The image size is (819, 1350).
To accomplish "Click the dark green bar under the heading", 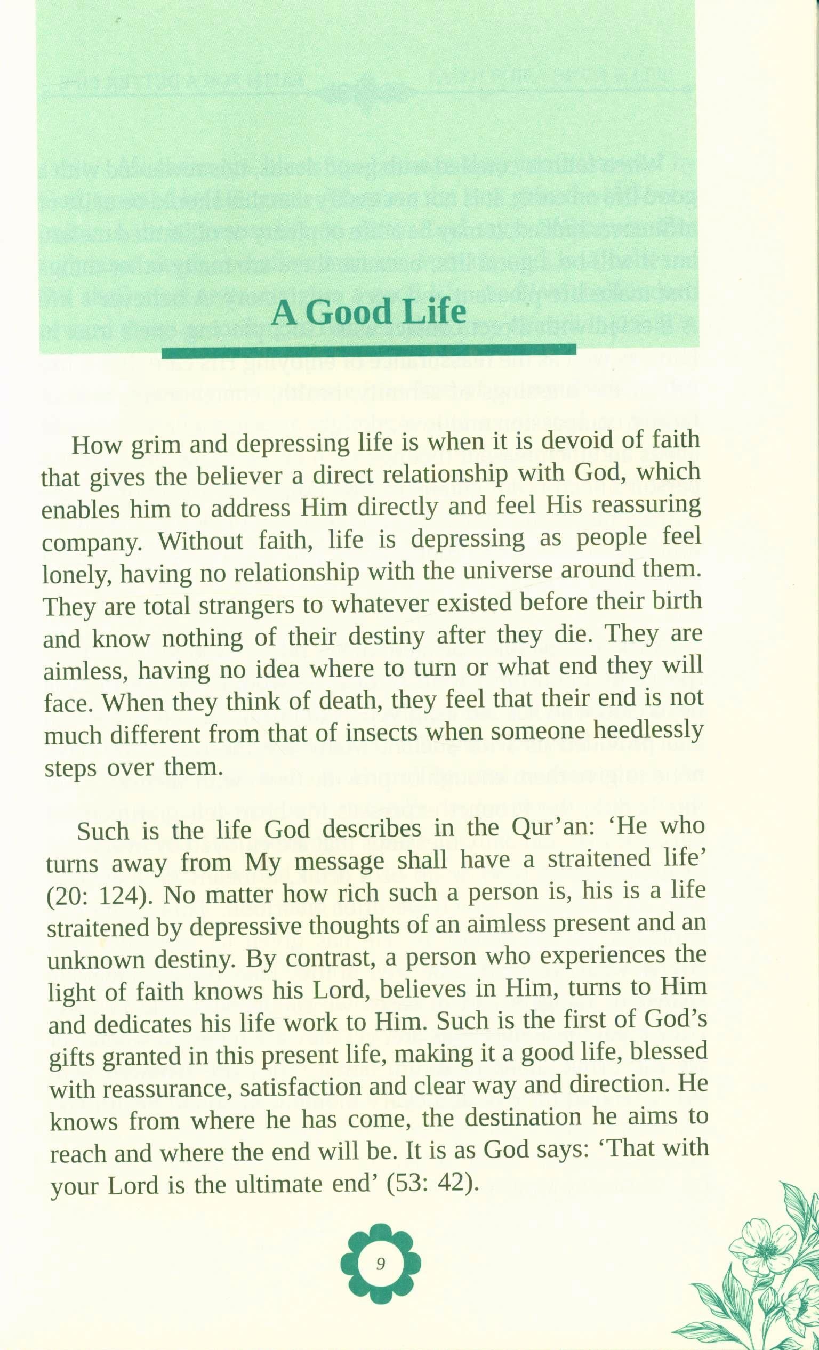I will [x=368, y=351].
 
